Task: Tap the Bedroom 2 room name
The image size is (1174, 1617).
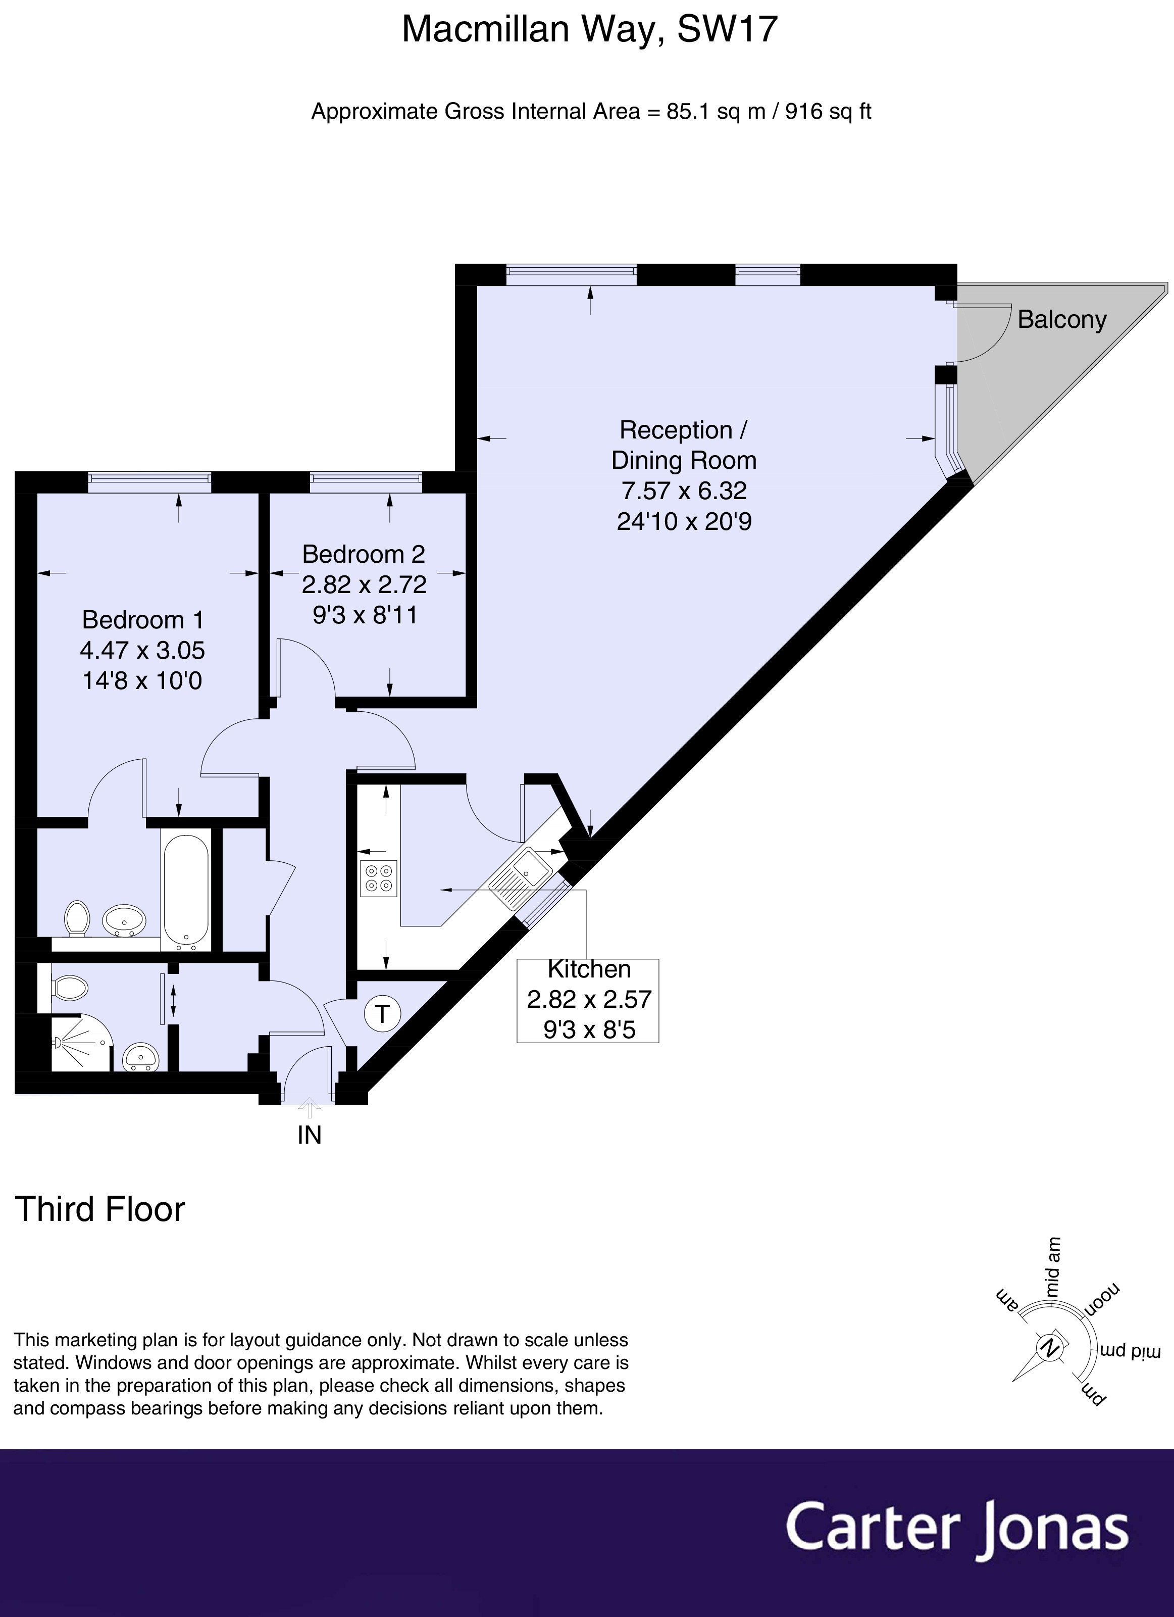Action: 364,554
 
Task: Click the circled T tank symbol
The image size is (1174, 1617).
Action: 383,1013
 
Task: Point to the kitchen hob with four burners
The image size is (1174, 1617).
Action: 379,879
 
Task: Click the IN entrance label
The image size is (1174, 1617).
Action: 310,1135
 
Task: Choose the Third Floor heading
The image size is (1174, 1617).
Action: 100,1209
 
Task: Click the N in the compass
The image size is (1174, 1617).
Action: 1049,1348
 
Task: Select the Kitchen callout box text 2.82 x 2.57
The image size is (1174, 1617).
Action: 589,1000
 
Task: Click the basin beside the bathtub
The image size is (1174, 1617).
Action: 124,920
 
